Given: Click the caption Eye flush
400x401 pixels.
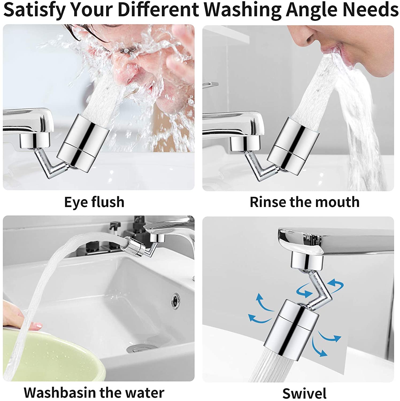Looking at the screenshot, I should point(94,202).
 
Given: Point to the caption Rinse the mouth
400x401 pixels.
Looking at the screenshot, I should point(304,202).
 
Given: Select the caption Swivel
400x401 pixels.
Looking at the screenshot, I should point(304,393).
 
